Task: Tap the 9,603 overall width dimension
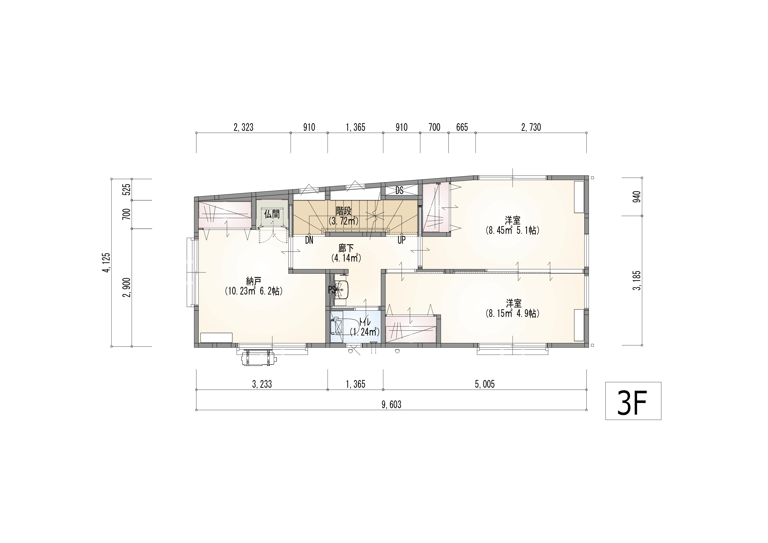click(391, 405)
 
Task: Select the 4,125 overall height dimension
click(106, 263)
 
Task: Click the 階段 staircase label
click(343, 211)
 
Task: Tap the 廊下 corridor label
click(346, 248)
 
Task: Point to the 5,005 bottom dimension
click(485, 384)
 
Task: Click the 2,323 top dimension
click(244, 127)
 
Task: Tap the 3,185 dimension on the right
click(637, 280)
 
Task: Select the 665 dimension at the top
click(462, 127)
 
